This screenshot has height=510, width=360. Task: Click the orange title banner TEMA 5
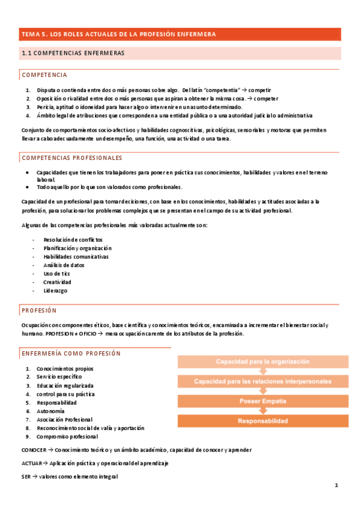pos(180,34)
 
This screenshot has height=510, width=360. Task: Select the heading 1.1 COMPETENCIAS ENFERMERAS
pos(73,54)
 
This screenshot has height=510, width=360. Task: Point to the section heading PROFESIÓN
pos(38,311)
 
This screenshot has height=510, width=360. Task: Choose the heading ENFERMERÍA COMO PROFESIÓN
pos(71,354)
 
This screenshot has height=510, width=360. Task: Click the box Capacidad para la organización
pos(263,361)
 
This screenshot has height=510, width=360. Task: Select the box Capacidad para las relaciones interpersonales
pos(263,381)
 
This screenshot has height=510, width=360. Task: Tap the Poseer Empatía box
pos(263,401)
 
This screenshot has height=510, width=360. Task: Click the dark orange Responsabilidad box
pos(263,420)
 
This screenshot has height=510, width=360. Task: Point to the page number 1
pos(337,485)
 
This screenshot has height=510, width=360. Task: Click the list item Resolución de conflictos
pos(69,240)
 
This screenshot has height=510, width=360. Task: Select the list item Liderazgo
pos(55,290)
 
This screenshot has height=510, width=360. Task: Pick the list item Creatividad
pos(57,282)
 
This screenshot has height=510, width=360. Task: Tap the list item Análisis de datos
pos(64,265)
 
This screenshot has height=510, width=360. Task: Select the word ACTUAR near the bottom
pos(31,463)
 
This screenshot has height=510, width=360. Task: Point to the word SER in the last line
pos(25,476)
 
